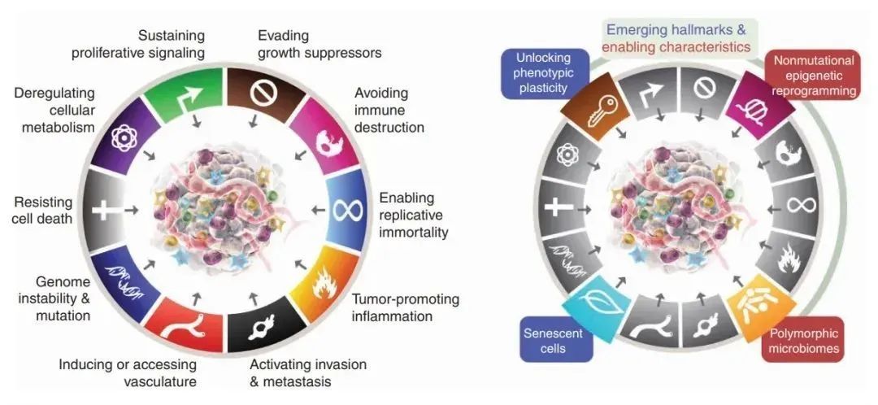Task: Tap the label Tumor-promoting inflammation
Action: pos(405,307)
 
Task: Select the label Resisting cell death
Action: pos(43,210)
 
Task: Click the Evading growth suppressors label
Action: pos(319,44)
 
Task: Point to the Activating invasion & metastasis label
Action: pos(307,372)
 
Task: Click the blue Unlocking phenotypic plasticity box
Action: pos(540,74)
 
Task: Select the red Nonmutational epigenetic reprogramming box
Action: pos(813,76)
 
